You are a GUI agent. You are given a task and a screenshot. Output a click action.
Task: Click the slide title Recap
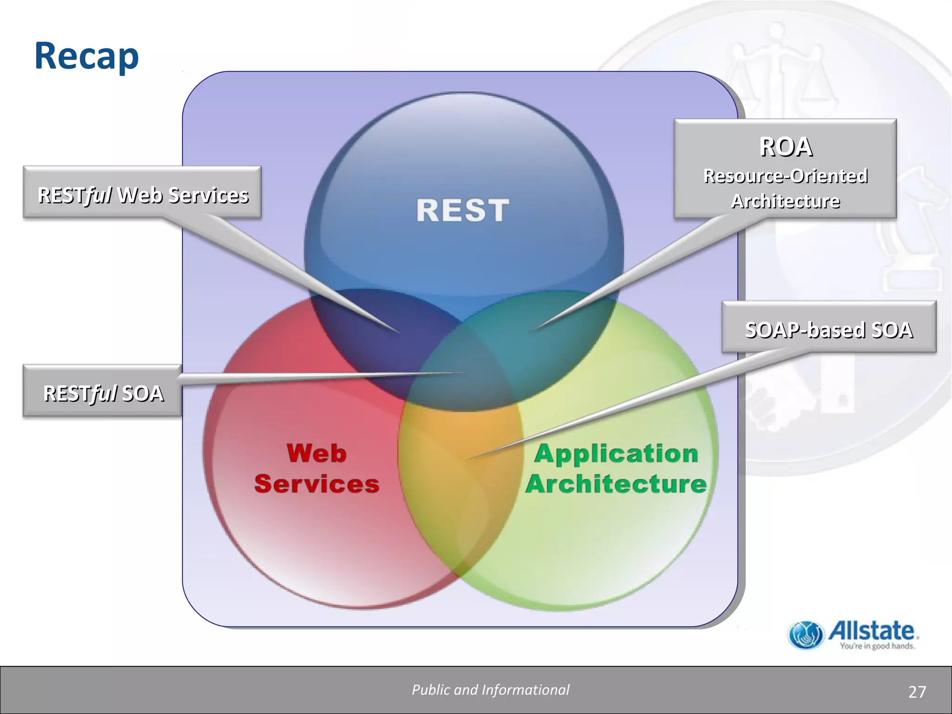pos(86,56)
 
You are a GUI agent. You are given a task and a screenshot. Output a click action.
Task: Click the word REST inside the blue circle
pos(463,210)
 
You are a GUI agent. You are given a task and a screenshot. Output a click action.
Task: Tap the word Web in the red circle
pos(317,453)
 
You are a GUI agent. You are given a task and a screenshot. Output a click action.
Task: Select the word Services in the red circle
pos(317,483)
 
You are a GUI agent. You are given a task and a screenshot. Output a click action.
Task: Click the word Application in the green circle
pos(616,453)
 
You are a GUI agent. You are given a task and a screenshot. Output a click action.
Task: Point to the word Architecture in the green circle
pos(616,483)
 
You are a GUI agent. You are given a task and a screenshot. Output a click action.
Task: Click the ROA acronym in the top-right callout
pos(786,147)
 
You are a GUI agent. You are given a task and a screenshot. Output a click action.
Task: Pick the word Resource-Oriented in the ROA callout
pos(786,176)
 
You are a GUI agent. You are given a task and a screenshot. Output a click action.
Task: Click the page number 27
pos(917,692)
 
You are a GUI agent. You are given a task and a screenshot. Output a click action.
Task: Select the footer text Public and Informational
pos(490,690)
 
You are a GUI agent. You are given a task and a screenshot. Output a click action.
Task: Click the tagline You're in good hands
pos(877,646)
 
